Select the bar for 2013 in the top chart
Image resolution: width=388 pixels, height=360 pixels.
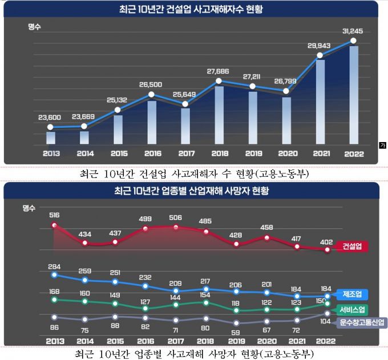tap(51, 137)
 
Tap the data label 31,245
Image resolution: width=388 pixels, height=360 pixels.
tap(353, 31)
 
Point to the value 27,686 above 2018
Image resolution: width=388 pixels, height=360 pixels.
tap(219, 71)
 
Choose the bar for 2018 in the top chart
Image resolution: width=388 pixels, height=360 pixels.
tap(219, 115)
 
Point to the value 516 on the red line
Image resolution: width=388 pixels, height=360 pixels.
tap(55, 216)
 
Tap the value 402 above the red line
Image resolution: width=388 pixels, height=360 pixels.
tap(326, 242)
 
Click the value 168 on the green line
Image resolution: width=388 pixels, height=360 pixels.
tap(55, 290)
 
